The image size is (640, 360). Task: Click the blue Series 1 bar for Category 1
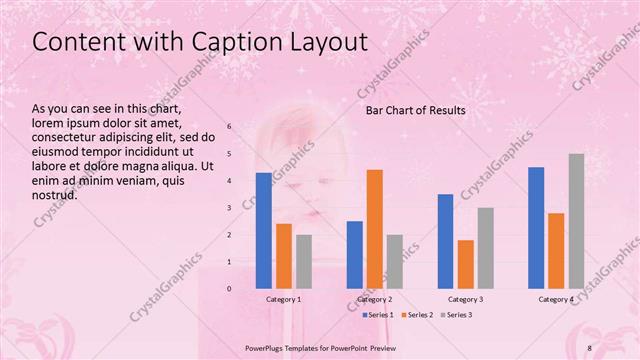coord(264,230)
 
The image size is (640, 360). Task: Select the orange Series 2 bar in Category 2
coord(375,229)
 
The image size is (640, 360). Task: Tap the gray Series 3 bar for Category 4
coord(576,221)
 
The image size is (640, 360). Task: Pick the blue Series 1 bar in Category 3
coord(445,241)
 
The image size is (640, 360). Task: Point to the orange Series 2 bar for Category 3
coord(465,264)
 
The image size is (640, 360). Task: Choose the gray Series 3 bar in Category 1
coord(304,261)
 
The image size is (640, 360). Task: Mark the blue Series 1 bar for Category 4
coord(536,228)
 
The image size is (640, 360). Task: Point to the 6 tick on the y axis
coord(229,127)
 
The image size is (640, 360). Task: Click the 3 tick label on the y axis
coord(229,208)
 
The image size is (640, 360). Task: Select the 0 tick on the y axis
coord(229,289)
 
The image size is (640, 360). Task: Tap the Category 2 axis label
coord(375,300)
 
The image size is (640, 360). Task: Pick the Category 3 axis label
coord(465,300)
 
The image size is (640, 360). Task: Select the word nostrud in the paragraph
coord(55,195)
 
